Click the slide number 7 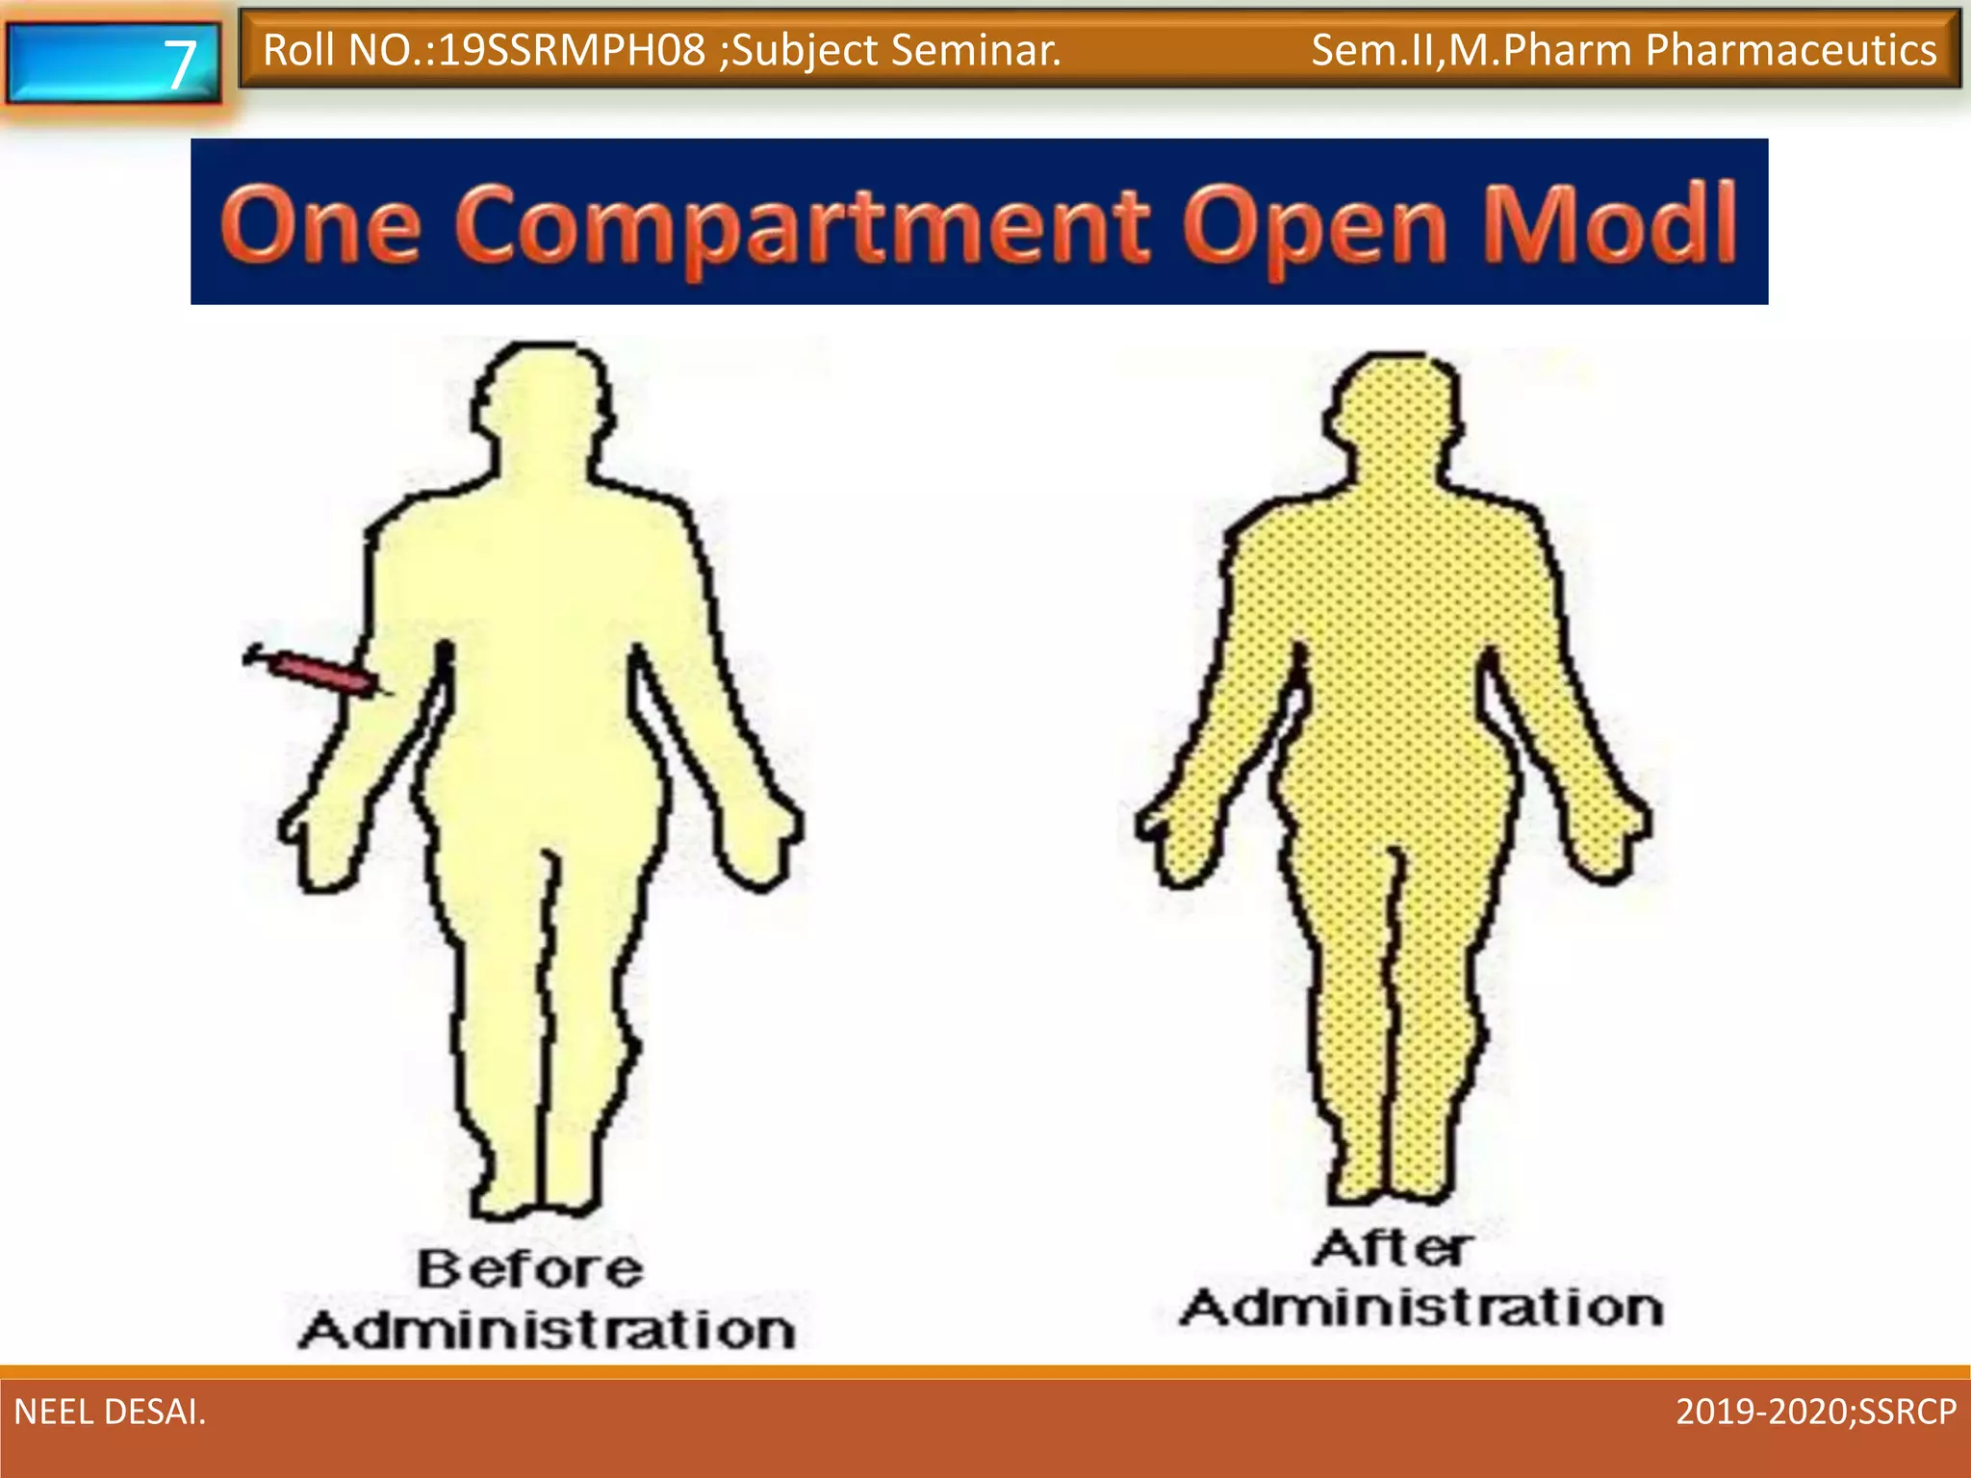[x=179, y=64]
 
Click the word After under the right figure [x=1392, y=1248]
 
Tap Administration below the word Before [x=547, y=1330]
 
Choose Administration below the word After [x=1422, y=1308]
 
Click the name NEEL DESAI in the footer [x=110, y=1412]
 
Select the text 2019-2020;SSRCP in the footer [x=1816, y=1412]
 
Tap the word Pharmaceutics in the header [x=1791, y=50]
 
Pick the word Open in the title [x=1315, y=225]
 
